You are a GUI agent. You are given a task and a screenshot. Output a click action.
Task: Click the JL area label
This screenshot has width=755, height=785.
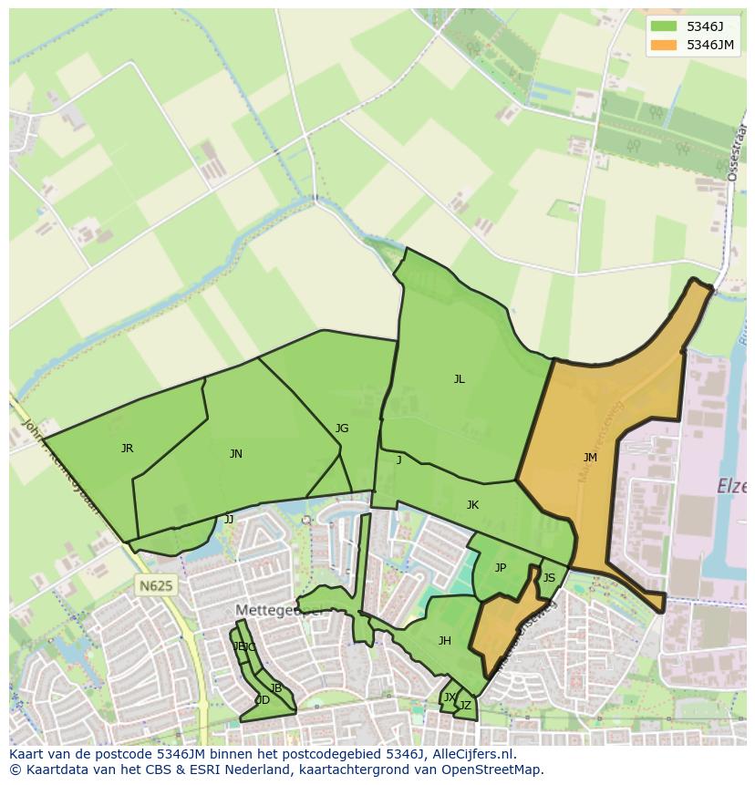coord(460,379)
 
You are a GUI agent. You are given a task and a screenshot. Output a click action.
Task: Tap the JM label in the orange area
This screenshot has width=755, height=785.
coord(590,458)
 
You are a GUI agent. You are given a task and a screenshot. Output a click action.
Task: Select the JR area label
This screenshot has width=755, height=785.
coord(127,449)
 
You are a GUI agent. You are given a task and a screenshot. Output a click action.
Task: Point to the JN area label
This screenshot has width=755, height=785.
coord(236,454)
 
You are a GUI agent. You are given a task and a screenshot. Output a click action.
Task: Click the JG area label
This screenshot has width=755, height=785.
coord(342,429)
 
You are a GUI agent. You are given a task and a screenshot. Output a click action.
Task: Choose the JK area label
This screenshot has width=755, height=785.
coord(472,505)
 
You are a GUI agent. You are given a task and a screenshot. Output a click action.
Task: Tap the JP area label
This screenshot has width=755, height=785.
coord(501,568)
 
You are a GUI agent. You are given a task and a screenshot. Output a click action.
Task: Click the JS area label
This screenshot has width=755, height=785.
coord(549,578)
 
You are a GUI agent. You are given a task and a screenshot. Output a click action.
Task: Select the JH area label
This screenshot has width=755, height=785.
coord(445,641)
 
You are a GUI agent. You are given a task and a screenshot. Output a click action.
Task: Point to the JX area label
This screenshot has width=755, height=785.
coord(449,697)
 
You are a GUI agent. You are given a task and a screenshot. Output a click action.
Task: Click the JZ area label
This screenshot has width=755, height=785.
coord(465,706)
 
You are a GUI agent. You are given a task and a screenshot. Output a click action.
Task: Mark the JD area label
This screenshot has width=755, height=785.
coord(263,700)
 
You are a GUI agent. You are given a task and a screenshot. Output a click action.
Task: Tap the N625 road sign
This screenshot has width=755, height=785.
coord(155,586)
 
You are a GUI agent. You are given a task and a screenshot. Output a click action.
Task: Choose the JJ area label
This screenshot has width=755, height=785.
coord(229,520)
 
